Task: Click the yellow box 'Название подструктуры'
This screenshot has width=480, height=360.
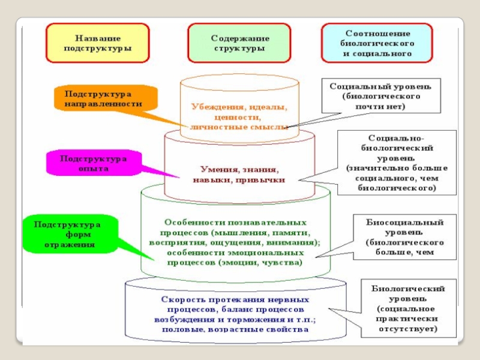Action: pos(97,43)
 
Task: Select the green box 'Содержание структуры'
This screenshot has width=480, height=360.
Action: pos(238,43)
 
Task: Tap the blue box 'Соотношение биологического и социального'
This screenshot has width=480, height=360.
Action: pos(377,43)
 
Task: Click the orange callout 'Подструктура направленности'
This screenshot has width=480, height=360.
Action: pos(104,99)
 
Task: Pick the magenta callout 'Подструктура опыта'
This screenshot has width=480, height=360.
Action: pos(93,164)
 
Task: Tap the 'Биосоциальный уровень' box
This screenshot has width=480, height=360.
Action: pos(405,238)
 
